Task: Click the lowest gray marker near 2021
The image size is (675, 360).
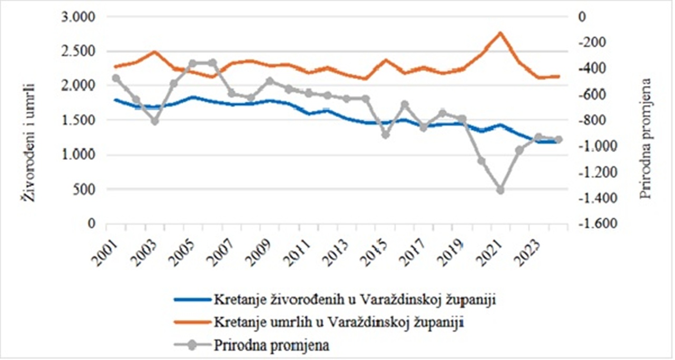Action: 500,190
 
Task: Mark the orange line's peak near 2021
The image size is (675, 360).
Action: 500,33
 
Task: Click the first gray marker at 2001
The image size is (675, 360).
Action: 116,79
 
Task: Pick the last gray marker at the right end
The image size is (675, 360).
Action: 558,140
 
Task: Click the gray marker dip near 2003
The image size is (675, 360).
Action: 154,121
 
